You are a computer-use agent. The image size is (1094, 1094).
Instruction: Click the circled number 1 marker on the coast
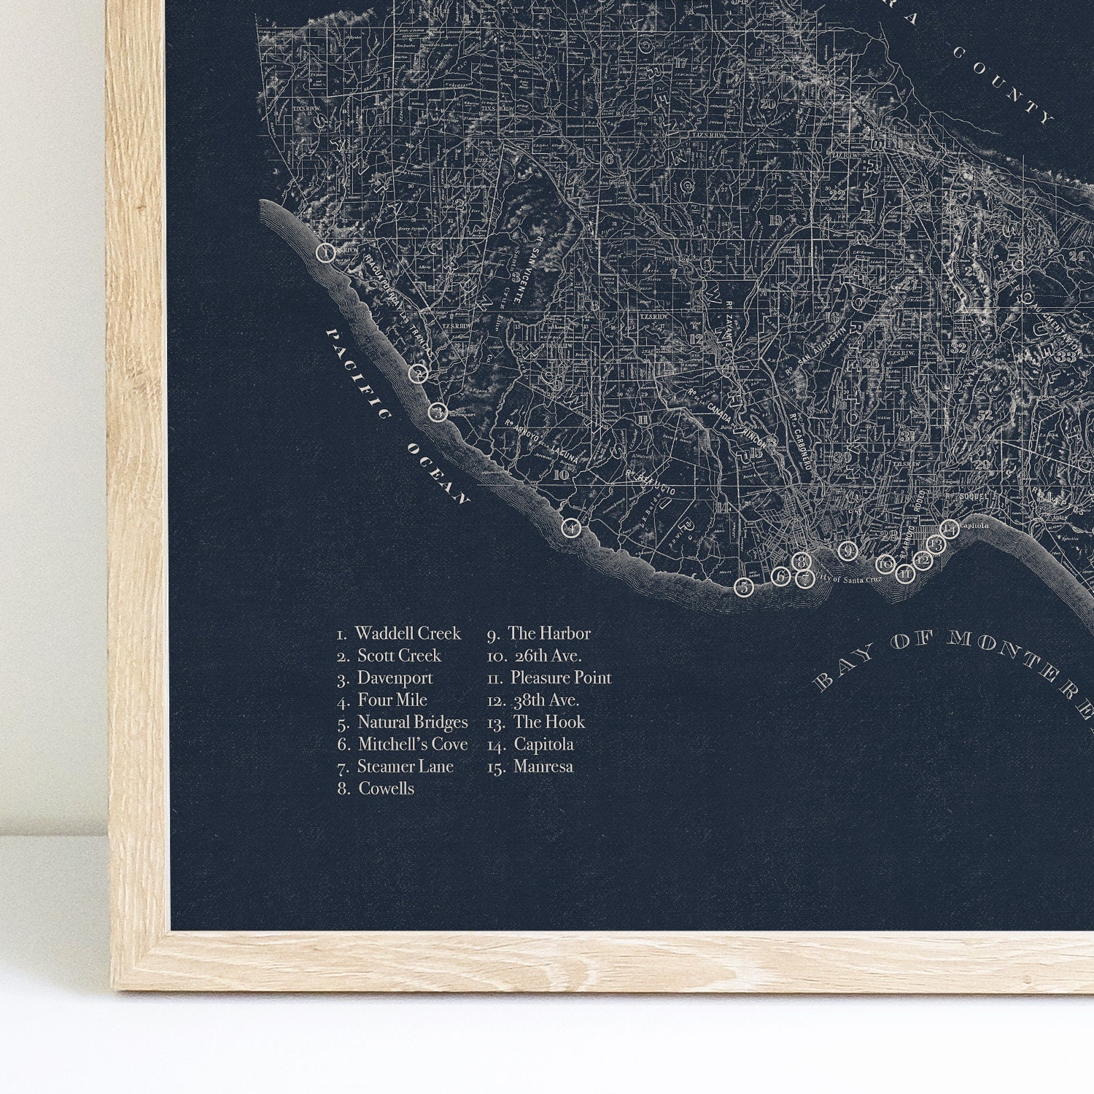tap(326, 253)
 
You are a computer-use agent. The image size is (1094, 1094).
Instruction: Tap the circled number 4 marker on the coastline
tap(571, 527)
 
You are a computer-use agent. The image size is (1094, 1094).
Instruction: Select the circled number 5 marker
tap(743, 587)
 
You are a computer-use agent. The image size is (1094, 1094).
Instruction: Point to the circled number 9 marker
tap(847, 551)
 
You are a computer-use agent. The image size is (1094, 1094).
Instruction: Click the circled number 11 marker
tap(905, 574)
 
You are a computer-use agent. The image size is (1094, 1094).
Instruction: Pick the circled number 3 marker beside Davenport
tap(437, 412)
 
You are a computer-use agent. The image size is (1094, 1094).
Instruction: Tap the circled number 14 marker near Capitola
tap(950, 529)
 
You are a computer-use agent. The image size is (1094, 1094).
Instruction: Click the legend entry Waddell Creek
tap(408, 633)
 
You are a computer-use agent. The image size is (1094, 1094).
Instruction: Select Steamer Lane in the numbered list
tap(405, 767)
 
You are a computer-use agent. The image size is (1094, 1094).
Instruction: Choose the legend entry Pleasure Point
tap(560, 678)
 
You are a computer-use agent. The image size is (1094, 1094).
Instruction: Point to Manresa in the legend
tap(543, 767)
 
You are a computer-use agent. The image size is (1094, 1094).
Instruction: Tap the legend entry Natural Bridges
tap(412, 722)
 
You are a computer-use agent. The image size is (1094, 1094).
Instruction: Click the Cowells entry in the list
tap(386, 788)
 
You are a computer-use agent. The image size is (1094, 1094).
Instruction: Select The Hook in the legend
tap(548, 722)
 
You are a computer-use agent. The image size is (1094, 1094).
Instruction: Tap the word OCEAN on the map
tap(438, 473)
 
